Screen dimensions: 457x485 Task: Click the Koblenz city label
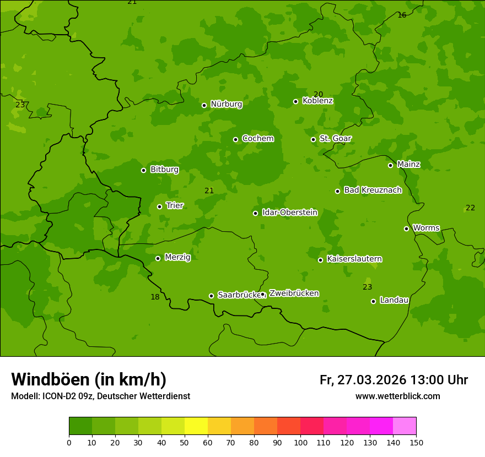pyautogui.click(x=317, y=101)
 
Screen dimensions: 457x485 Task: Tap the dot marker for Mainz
pyautogui.click(x=390, y=165)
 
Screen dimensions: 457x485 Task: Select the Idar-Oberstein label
pyautogui.click(x=289, y=213)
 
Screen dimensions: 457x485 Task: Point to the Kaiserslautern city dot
pyautogui.click(x=320, y=260)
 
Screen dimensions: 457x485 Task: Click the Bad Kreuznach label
pyautogui.click(x=373, y=190)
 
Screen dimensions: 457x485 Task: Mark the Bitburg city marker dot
pyautogui.click(x=143, y=170)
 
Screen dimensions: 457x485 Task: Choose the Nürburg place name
pyautogui.click(x=226, y=104)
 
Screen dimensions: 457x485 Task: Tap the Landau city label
pyautogui.click(x=394, y=300)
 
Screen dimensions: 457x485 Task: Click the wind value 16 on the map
pyautogui.click(x=402, y=15)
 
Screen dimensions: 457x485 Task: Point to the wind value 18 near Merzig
pyautogui.click(x=155, y=297)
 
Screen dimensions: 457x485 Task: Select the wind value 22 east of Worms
pyautogui.click(x=470, y=208)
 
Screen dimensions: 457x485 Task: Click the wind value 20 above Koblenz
pyautogui.click(x=318, y=94)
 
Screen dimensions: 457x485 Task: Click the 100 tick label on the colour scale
pyautogui.click(x=300, y=442)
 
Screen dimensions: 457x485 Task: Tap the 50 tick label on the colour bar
pyautogui.click(x=185, y=442)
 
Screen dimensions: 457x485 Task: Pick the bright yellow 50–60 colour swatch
pyautogui.click(x=196, y=426)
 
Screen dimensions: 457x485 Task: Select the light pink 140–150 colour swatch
pyautogui.click(x=405, y=426)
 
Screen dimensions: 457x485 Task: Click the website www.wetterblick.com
pyautogui.click(x=397, y=396)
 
